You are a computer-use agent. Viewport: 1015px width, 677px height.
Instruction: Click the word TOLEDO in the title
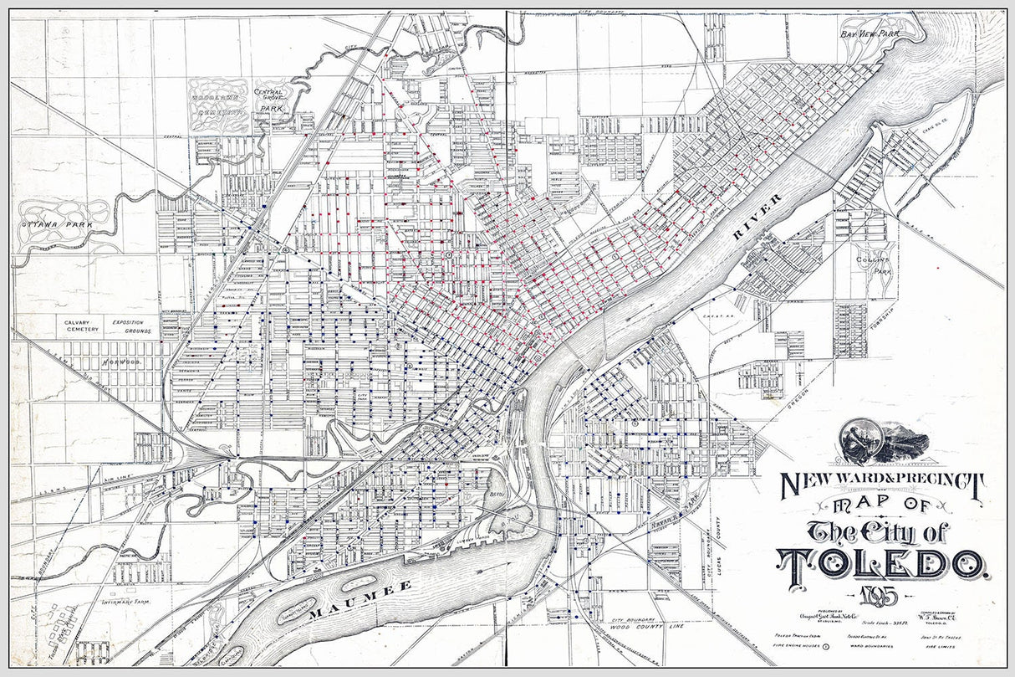pos(882,564)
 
